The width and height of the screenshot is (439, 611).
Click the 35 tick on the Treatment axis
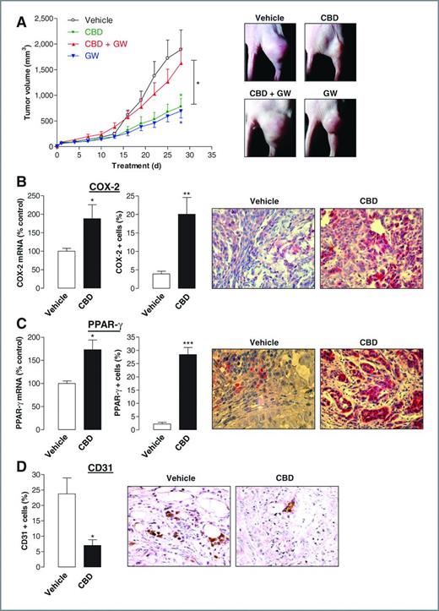[213, 155]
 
